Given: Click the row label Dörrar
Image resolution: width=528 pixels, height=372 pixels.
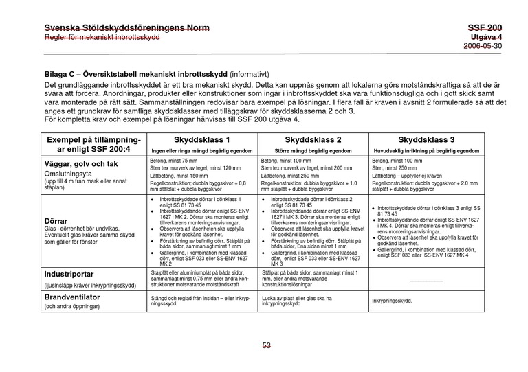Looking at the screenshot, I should [58, 222].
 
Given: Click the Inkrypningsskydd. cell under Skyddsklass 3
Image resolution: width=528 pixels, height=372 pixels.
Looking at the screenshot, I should [392, 301].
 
